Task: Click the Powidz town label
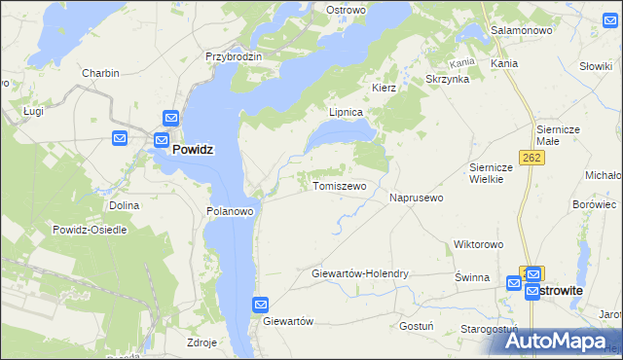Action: tap(193, 151)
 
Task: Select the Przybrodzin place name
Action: tap(234, 56)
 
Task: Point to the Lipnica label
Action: tap(346, 112)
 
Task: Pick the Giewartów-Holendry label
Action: tap(359, 274)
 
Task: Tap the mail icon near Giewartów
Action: tap(261, 305)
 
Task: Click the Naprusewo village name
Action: tap(416, 198)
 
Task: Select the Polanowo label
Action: tap(230, 210)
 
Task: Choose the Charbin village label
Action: tap(100, 73)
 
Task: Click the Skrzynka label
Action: tap(448, 79)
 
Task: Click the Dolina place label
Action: tap(124, 205)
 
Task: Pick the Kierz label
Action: tap(384, 87)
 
